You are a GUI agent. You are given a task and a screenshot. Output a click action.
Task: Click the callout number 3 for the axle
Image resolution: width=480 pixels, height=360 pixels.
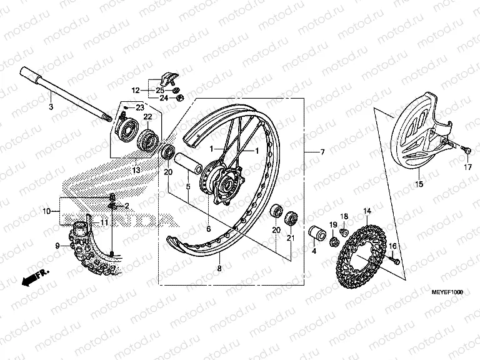point(52,107)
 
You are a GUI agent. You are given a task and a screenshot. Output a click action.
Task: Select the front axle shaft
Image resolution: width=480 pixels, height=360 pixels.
point(69,94)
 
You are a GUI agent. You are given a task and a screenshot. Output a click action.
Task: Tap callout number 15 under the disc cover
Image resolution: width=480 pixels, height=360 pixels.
point(419,184)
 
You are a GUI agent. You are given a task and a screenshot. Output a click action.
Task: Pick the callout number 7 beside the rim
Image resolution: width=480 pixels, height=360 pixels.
point(322,152)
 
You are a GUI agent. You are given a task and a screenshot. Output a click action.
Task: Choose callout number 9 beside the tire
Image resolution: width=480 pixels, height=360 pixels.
point(57,246)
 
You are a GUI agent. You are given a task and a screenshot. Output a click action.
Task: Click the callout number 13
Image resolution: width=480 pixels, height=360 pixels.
point(136,169)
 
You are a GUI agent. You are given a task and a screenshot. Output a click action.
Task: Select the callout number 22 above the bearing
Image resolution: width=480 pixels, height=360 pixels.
point(147,117)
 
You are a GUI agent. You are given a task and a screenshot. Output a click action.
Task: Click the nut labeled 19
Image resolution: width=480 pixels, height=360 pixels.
point(334,239)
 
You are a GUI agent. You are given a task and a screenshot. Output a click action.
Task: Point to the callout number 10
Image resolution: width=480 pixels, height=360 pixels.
point(46,212)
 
